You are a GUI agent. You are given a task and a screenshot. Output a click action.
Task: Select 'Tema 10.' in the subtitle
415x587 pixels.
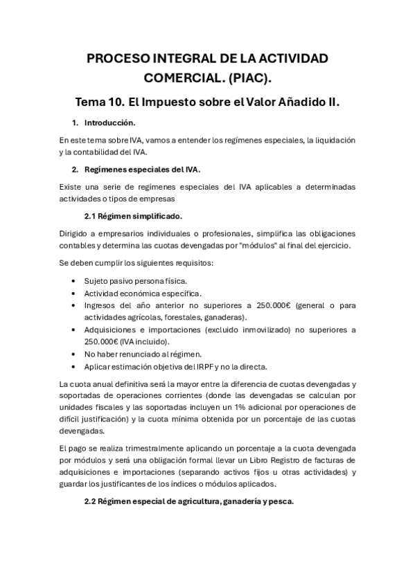coord(100,102)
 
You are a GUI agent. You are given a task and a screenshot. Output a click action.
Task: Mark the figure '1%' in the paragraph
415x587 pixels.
coord(225,408)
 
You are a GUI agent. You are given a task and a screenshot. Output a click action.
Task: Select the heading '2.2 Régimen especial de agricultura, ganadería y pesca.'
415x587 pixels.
coord(188,502)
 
